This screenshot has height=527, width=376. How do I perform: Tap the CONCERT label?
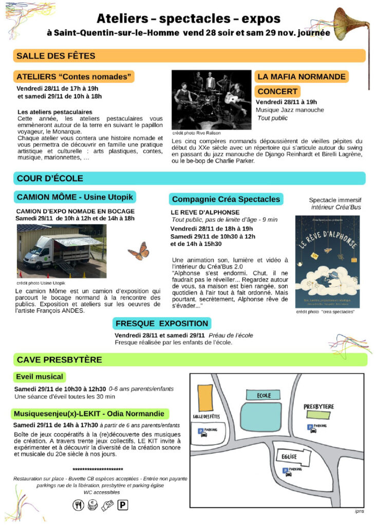pos(277,92)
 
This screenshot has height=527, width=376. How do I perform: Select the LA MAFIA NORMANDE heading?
pos(301,77)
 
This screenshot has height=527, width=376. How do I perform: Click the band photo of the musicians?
pos(211,99)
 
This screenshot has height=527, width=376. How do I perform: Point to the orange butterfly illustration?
pos(138,252)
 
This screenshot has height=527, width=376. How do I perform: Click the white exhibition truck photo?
pos(61,251)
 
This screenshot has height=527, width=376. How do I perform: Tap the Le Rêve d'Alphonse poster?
pos(326,262)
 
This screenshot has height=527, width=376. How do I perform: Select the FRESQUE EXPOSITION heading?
pos(162,323)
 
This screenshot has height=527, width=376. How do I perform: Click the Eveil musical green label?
pos(40,377)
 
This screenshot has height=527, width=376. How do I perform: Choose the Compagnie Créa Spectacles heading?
pos(226,199)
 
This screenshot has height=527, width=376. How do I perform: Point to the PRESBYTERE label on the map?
pos(318,407)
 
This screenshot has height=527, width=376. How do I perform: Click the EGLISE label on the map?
pos(290,456)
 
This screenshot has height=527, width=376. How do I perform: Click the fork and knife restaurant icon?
pos(78,506)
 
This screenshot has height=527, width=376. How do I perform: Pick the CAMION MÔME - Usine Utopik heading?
pos(75,197)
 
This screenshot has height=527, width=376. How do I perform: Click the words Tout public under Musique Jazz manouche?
pos(272,118)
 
